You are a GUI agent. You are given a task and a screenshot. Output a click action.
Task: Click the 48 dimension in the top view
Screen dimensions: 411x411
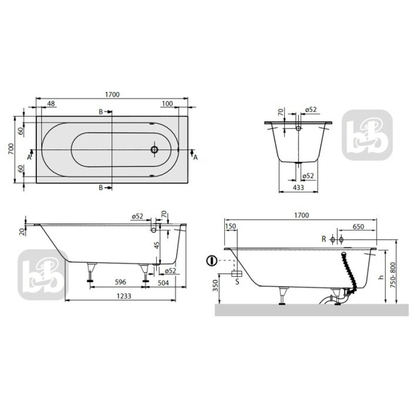click(x=51, y=104)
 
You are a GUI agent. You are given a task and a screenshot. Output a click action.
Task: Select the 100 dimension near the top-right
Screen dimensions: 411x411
click(x=166, y=104)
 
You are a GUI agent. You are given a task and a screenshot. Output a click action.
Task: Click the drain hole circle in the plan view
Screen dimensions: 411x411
click(x=154, y=150)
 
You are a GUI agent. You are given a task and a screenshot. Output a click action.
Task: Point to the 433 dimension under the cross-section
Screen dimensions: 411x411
click(x=298, y=188)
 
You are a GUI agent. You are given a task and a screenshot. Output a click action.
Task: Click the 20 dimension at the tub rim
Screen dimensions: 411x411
click(x=22, y=232)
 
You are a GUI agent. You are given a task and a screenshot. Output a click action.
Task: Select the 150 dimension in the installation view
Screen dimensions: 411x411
click(x=231, y=227)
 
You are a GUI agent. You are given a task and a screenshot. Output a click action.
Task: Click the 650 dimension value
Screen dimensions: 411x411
click(x=359, y=227)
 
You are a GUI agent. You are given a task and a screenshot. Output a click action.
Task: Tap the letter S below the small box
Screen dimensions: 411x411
click(x=237, y=282)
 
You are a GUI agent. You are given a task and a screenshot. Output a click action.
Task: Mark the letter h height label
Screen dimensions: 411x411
click(x=381, y=277)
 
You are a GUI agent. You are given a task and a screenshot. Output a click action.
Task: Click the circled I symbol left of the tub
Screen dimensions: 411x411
click(x=211, y=261)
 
